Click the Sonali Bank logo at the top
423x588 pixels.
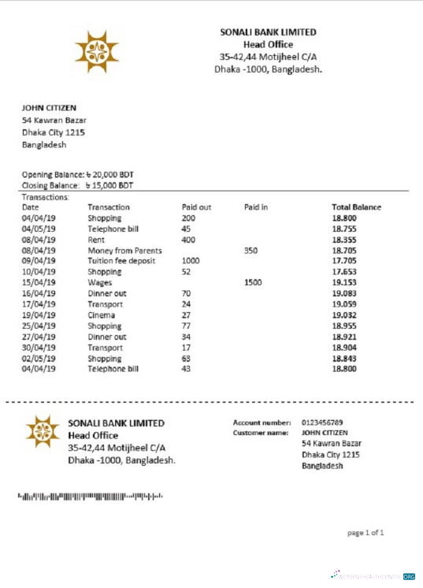(x=97, y=51)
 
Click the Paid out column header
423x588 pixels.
(x=196, y=207)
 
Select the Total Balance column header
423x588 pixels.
(x=356, y=207)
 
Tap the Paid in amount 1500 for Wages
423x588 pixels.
(x=253, y=282)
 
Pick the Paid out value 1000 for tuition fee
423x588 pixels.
(x=191, y=261)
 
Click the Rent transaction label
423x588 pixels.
(x=96, y=240)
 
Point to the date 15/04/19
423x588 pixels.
(x=37, y=282)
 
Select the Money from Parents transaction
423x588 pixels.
(x=119, y=250)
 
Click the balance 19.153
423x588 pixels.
(x=344, y=282)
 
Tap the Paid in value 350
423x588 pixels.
(x=251, y=250)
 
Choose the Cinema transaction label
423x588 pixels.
(x=100, y=314)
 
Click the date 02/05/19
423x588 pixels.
(x=37, y=358)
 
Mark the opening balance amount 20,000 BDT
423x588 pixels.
(x=109, y=174)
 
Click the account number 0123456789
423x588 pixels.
(x=322, y=422)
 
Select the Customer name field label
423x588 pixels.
(x=262, y=433)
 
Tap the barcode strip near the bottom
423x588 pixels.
(x=91, y=496)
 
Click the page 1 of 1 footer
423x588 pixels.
(x=365, y=533)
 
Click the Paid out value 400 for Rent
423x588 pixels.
(x=188, y=240)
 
